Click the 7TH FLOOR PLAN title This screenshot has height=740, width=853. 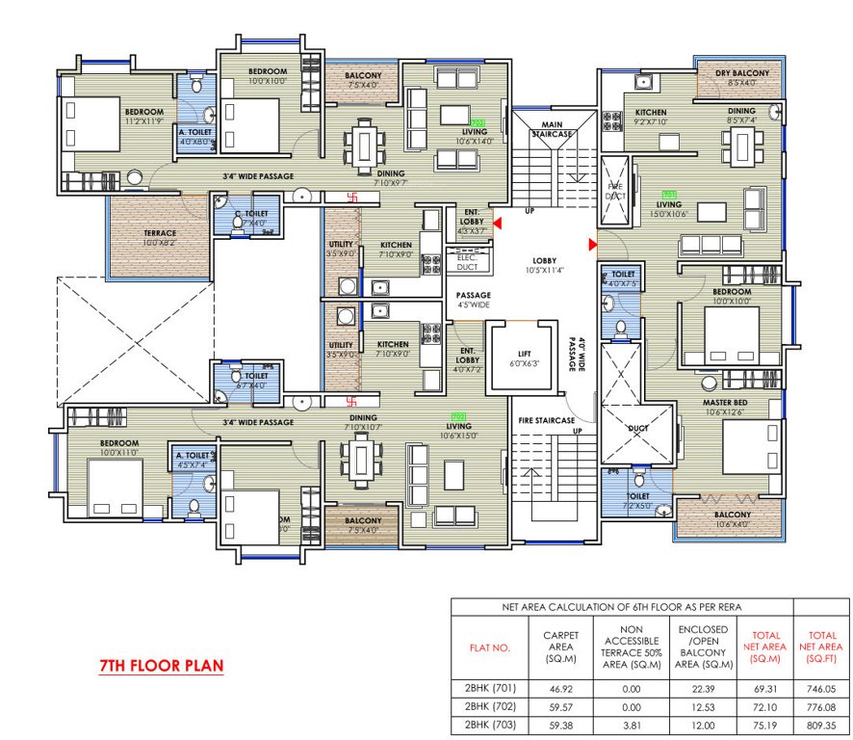point(162,666)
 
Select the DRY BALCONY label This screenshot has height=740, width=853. point(741,74)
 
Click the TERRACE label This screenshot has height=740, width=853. point(161,233)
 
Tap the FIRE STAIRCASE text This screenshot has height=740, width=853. point(547,420)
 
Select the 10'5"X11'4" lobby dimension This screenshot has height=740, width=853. point(546,272)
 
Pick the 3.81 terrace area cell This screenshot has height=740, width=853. point(631,725)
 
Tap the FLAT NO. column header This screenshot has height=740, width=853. point(489,647)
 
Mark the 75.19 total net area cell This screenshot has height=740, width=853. point(764,725)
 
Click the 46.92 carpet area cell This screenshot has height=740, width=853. point(561,688)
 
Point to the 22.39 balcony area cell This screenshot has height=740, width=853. point(702,688)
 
